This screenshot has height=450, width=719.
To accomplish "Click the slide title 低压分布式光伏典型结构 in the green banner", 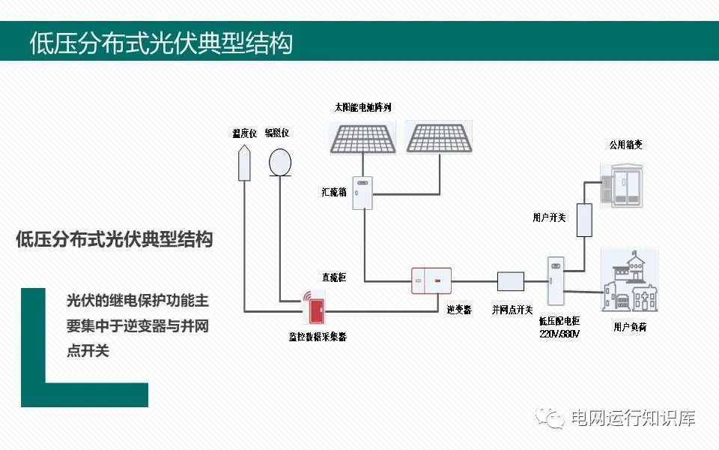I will tap(160, 42).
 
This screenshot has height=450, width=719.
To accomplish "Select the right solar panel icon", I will tap(440, 137).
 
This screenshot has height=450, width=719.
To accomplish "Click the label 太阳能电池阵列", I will tap(362, 107).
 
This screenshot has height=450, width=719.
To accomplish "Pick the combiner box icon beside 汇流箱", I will tap(362, 192).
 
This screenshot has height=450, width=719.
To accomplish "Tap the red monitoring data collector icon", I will tap(313, 308).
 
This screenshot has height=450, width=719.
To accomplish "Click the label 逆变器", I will tap(459, 309).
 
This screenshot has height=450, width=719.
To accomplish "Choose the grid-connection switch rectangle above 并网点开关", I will tap(511, 281).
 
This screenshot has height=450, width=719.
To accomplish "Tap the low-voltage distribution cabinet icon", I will tap(553, 281).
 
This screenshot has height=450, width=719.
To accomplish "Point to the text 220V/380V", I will tap(559, 334).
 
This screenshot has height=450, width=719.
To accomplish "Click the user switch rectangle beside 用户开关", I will tap(584, 219).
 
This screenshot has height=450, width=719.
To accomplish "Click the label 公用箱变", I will tap(626, 144).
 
